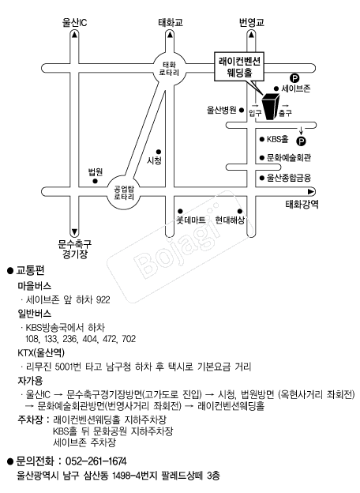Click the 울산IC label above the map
75,23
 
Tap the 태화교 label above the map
171,23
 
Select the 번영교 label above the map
252,23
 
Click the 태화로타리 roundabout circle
169,69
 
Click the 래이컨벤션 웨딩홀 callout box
239,66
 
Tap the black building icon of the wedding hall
271,107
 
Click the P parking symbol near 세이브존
294,77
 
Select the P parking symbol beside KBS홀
302,141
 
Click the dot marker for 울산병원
242,110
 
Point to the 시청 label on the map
154,160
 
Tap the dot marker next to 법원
96,181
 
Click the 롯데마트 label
191,220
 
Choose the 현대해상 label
230,220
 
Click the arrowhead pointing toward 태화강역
311,191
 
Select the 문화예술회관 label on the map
289,157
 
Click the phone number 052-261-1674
96,461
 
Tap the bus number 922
103,299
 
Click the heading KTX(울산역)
41,353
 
